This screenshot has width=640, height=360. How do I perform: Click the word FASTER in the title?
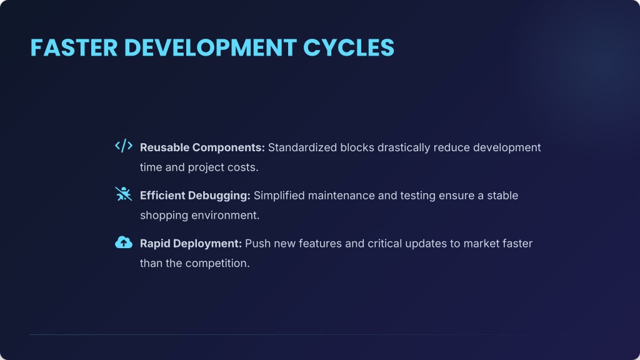point(74,47)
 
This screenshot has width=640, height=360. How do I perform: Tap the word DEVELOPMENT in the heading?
point(210,47)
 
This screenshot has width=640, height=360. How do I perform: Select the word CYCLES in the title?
point(349,47)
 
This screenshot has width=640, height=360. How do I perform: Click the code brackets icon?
point(124,146)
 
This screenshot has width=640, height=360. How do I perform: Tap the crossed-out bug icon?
point(124,194)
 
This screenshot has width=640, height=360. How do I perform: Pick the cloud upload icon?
point(124,242)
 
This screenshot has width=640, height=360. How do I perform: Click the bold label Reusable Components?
point(202,147)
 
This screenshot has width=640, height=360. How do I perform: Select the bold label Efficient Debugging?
point(195,196)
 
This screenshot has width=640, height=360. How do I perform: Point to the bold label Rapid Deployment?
point(191,244)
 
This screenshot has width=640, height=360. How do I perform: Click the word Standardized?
point(302,147)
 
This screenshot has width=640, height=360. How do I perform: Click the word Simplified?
point(279,196)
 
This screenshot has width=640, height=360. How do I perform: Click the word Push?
point(257,244)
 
